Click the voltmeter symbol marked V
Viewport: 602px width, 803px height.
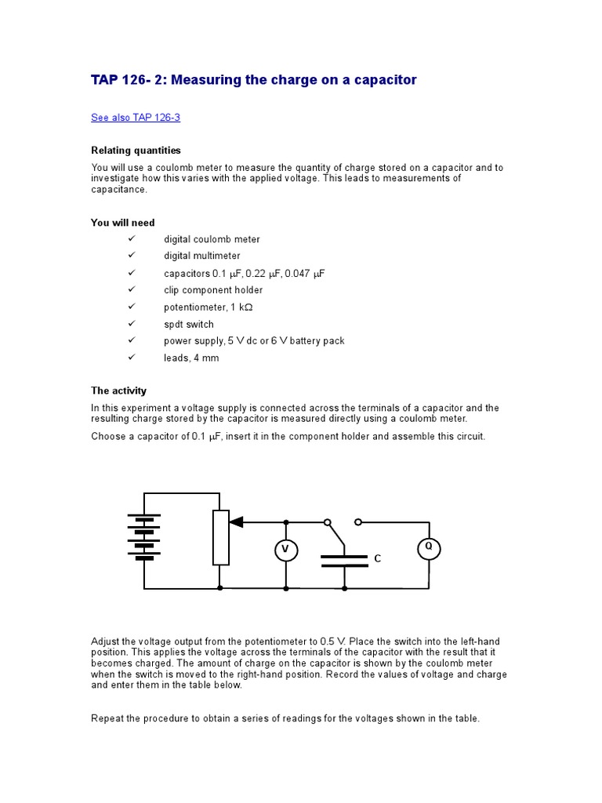point(286,551)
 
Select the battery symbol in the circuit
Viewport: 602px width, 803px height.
point(144,537)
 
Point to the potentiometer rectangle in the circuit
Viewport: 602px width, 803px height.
point(221,537)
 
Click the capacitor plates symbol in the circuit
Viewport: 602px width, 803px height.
point(344,560)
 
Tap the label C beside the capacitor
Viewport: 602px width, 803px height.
point(377,559)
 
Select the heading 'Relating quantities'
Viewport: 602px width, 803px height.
point(136,150)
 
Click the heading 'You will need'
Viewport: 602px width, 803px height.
point(122,223)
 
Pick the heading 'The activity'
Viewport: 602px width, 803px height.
point(118,391)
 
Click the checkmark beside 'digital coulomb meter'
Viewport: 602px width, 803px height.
point(131,238)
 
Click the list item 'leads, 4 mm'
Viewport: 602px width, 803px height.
point(191,358)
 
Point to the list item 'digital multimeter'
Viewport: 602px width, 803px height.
point(202,256)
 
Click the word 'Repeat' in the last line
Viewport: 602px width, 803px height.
point(107,718)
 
